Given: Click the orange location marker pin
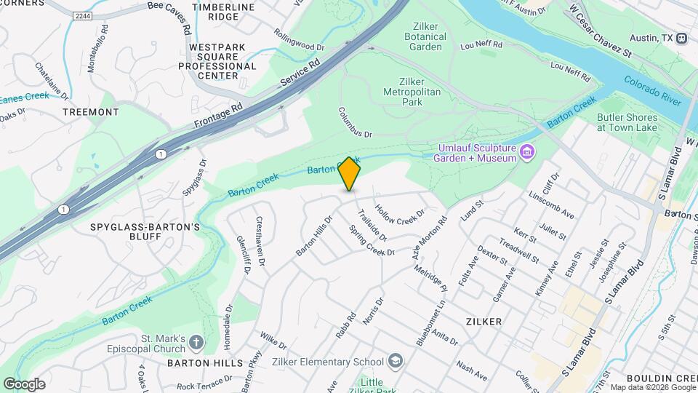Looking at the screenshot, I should (x=350, y=174).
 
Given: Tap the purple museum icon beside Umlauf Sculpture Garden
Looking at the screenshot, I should (x=529, y=152).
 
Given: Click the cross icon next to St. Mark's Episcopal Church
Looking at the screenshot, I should (x=196, y=342).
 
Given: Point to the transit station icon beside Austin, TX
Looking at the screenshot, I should (x=681, y=38).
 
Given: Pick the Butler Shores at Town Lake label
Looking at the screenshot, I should (x=627, y=122).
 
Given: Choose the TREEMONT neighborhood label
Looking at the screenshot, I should (x=90, y=112).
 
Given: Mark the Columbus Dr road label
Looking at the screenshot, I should (x=355, y=124).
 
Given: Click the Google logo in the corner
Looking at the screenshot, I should (x=24, y=384).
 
